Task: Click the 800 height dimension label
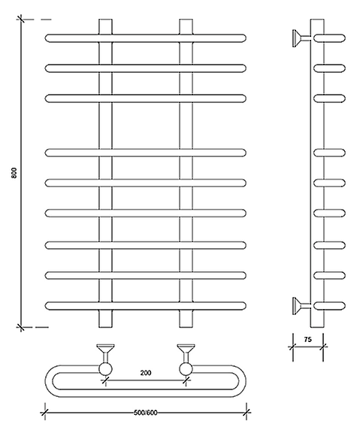(14, 173)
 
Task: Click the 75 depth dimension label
(307, 340)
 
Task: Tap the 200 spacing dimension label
(146, 373)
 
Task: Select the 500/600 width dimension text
(146, 413)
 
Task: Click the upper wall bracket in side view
(301, 38)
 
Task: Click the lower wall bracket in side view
(301, 306)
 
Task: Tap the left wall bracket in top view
(105, 353)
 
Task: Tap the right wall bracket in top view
(186, 353)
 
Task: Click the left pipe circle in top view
(105, 369)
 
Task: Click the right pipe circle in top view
(186, 369)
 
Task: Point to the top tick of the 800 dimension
(20, 20)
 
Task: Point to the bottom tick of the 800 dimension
(20, 327)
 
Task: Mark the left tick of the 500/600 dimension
(44, 412)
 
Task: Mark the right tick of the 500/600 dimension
(247, 412)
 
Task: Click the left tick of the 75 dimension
(292, 347)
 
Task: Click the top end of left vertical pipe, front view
(105, 20)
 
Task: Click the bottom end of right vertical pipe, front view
(186, 327)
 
